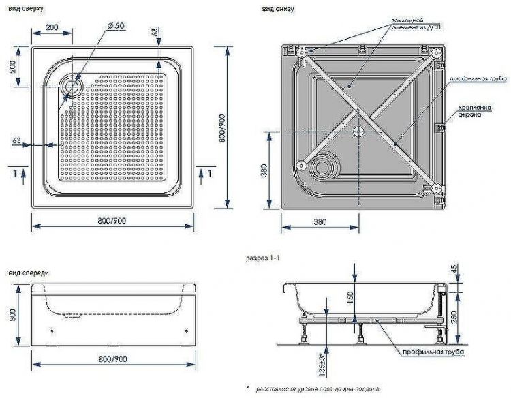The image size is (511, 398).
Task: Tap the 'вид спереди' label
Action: (29, 273)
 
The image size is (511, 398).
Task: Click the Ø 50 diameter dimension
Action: (115, 25)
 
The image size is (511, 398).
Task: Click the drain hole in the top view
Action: (72, 87)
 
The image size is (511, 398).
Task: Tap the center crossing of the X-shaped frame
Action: (359, 128)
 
